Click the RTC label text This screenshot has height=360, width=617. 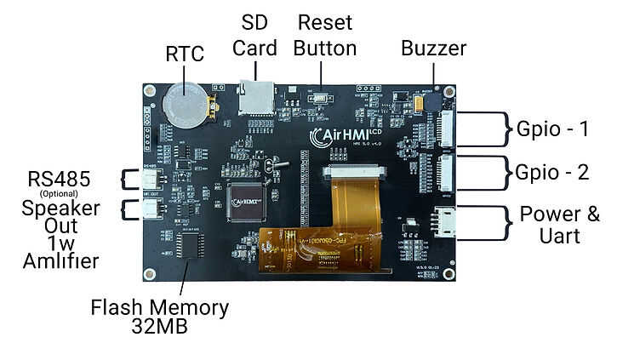[x=185, y=54]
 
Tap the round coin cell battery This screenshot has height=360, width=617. [x=182, y=103]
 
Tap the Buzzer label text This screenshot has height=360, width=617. [x=433, y=48]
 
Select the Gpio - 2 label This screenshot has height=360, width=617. [x=552, y=171]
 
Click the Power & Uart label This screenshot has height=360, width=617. [x=559, y=223]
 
